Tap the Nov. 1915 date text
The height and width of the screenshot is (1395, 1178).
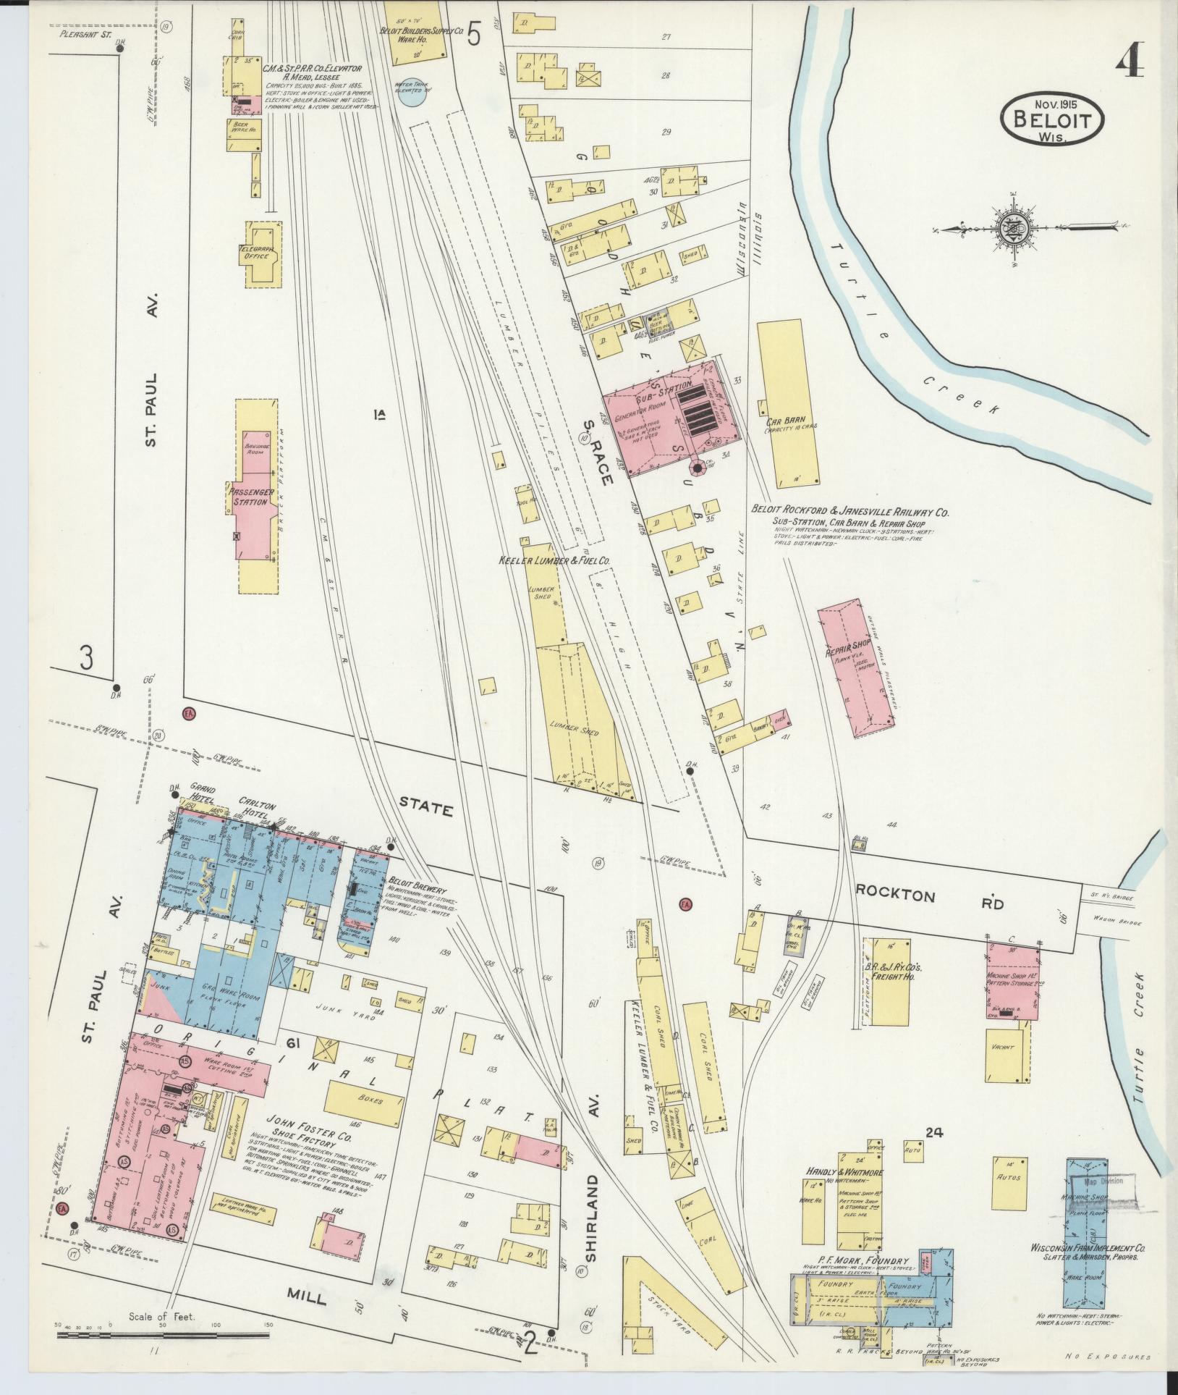(1053, 104)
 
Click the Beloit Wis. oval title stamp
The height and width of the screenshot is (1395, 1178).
(1053, 123)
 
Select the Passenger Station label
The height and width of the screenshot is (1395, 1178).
(249, 497)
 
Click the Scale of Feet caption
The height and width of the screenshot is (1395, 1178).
(162, 1317)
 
